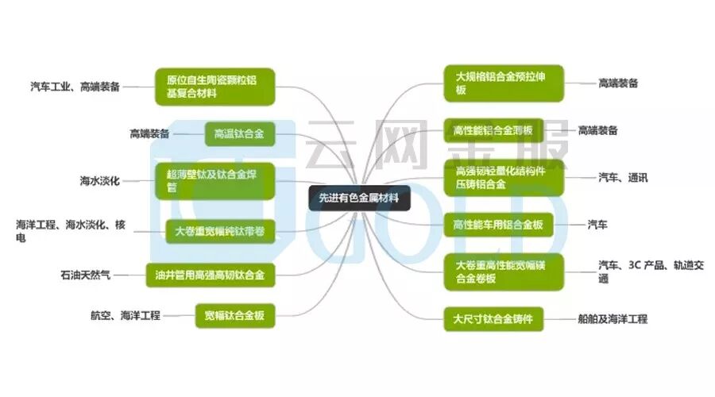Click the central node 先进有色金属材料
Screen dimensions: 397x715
point(358,198)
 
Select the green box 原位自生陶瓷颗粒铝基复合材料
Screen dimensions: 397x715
point(215,87)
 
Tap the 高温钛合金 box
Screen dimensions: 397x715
point(239,134)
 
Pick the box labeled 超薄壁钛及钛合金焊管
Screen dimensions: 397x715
point(215,180)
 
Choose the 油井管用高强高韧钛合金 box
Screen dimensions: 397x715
point(211,276)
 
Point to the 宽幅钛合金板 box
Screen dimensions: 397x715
point(234,316)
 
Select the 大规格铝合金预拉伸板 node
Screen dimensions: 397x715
point(504,83)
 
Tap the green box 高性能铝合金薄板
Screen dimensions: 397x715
point(493,130)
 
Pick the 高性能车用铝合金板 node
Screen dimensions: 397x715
point(498,225)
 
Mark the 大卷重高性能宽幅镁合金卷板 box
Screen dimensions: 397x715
point(504,272)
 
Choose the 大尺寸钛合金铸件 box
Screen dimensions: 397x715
point(498,319)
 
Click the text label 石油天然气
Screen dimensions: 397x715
point(85,275)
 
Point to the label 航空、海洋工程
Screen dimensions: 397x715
point(126,315)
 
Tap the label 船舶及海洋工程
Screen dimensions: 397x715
point(613,319)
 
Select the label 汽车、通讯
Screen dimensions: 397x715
point(623,178)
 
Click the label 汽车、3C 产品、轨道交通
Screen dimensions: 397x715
point(651,272)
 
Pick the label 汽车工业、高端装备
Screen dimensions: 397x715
point(75,87)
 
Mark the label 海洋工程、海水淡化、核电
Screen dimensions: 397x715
point(71,231)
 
